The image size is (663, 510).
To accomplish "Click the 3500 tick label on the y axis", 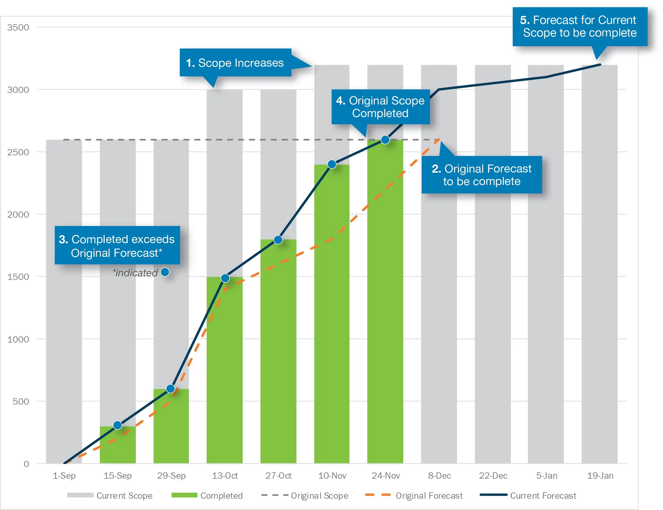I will (x=18, y=27).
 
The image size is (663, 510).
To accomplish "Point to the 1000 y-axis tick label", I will (x=18, y=339).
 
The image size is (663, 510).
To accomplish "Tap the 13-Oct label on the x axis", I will (x=225, y=475).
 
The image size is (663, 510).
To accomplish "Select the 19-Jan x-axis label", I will (x=600, y=475).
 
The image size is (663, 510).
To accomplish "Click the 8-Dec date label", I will (x=439, y=475).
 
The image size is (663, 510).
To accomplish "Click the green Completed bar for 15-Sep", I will (x=118, y=446).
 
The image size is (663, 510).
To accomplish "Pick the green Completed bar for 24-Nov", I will (x=385, y=304).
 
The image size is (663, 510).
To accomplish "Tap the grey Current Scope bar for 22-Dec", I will (x=493, y=273).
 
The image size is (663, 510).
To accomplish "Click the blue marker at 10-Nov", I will (x=332, y=164).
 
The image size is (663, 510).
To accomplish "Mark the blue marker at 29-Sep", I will (x=171, y=389).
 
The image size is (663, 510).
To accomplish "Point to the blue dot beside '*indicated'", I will (x=165, y=272).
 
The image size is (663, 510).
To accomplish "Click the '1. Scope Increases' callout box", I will (x=235, y=63).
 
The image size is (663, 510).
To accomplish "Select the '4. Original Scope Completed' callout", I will (x=380, y=107).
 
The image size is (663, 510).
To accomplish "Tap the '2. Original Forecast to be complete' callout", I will (x=481, y=175).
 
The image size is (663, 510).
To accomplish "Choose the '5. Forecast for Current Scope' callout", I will (x=580, y=27).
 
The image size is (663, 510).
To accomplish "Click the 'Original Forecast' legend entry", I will (x=414, y=496).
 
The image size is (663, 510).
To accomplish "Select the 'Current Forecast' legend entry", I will (x=528, y=496).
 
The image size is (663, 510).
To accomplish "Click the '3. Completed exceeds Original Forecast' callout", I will (x=117, y=246).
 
